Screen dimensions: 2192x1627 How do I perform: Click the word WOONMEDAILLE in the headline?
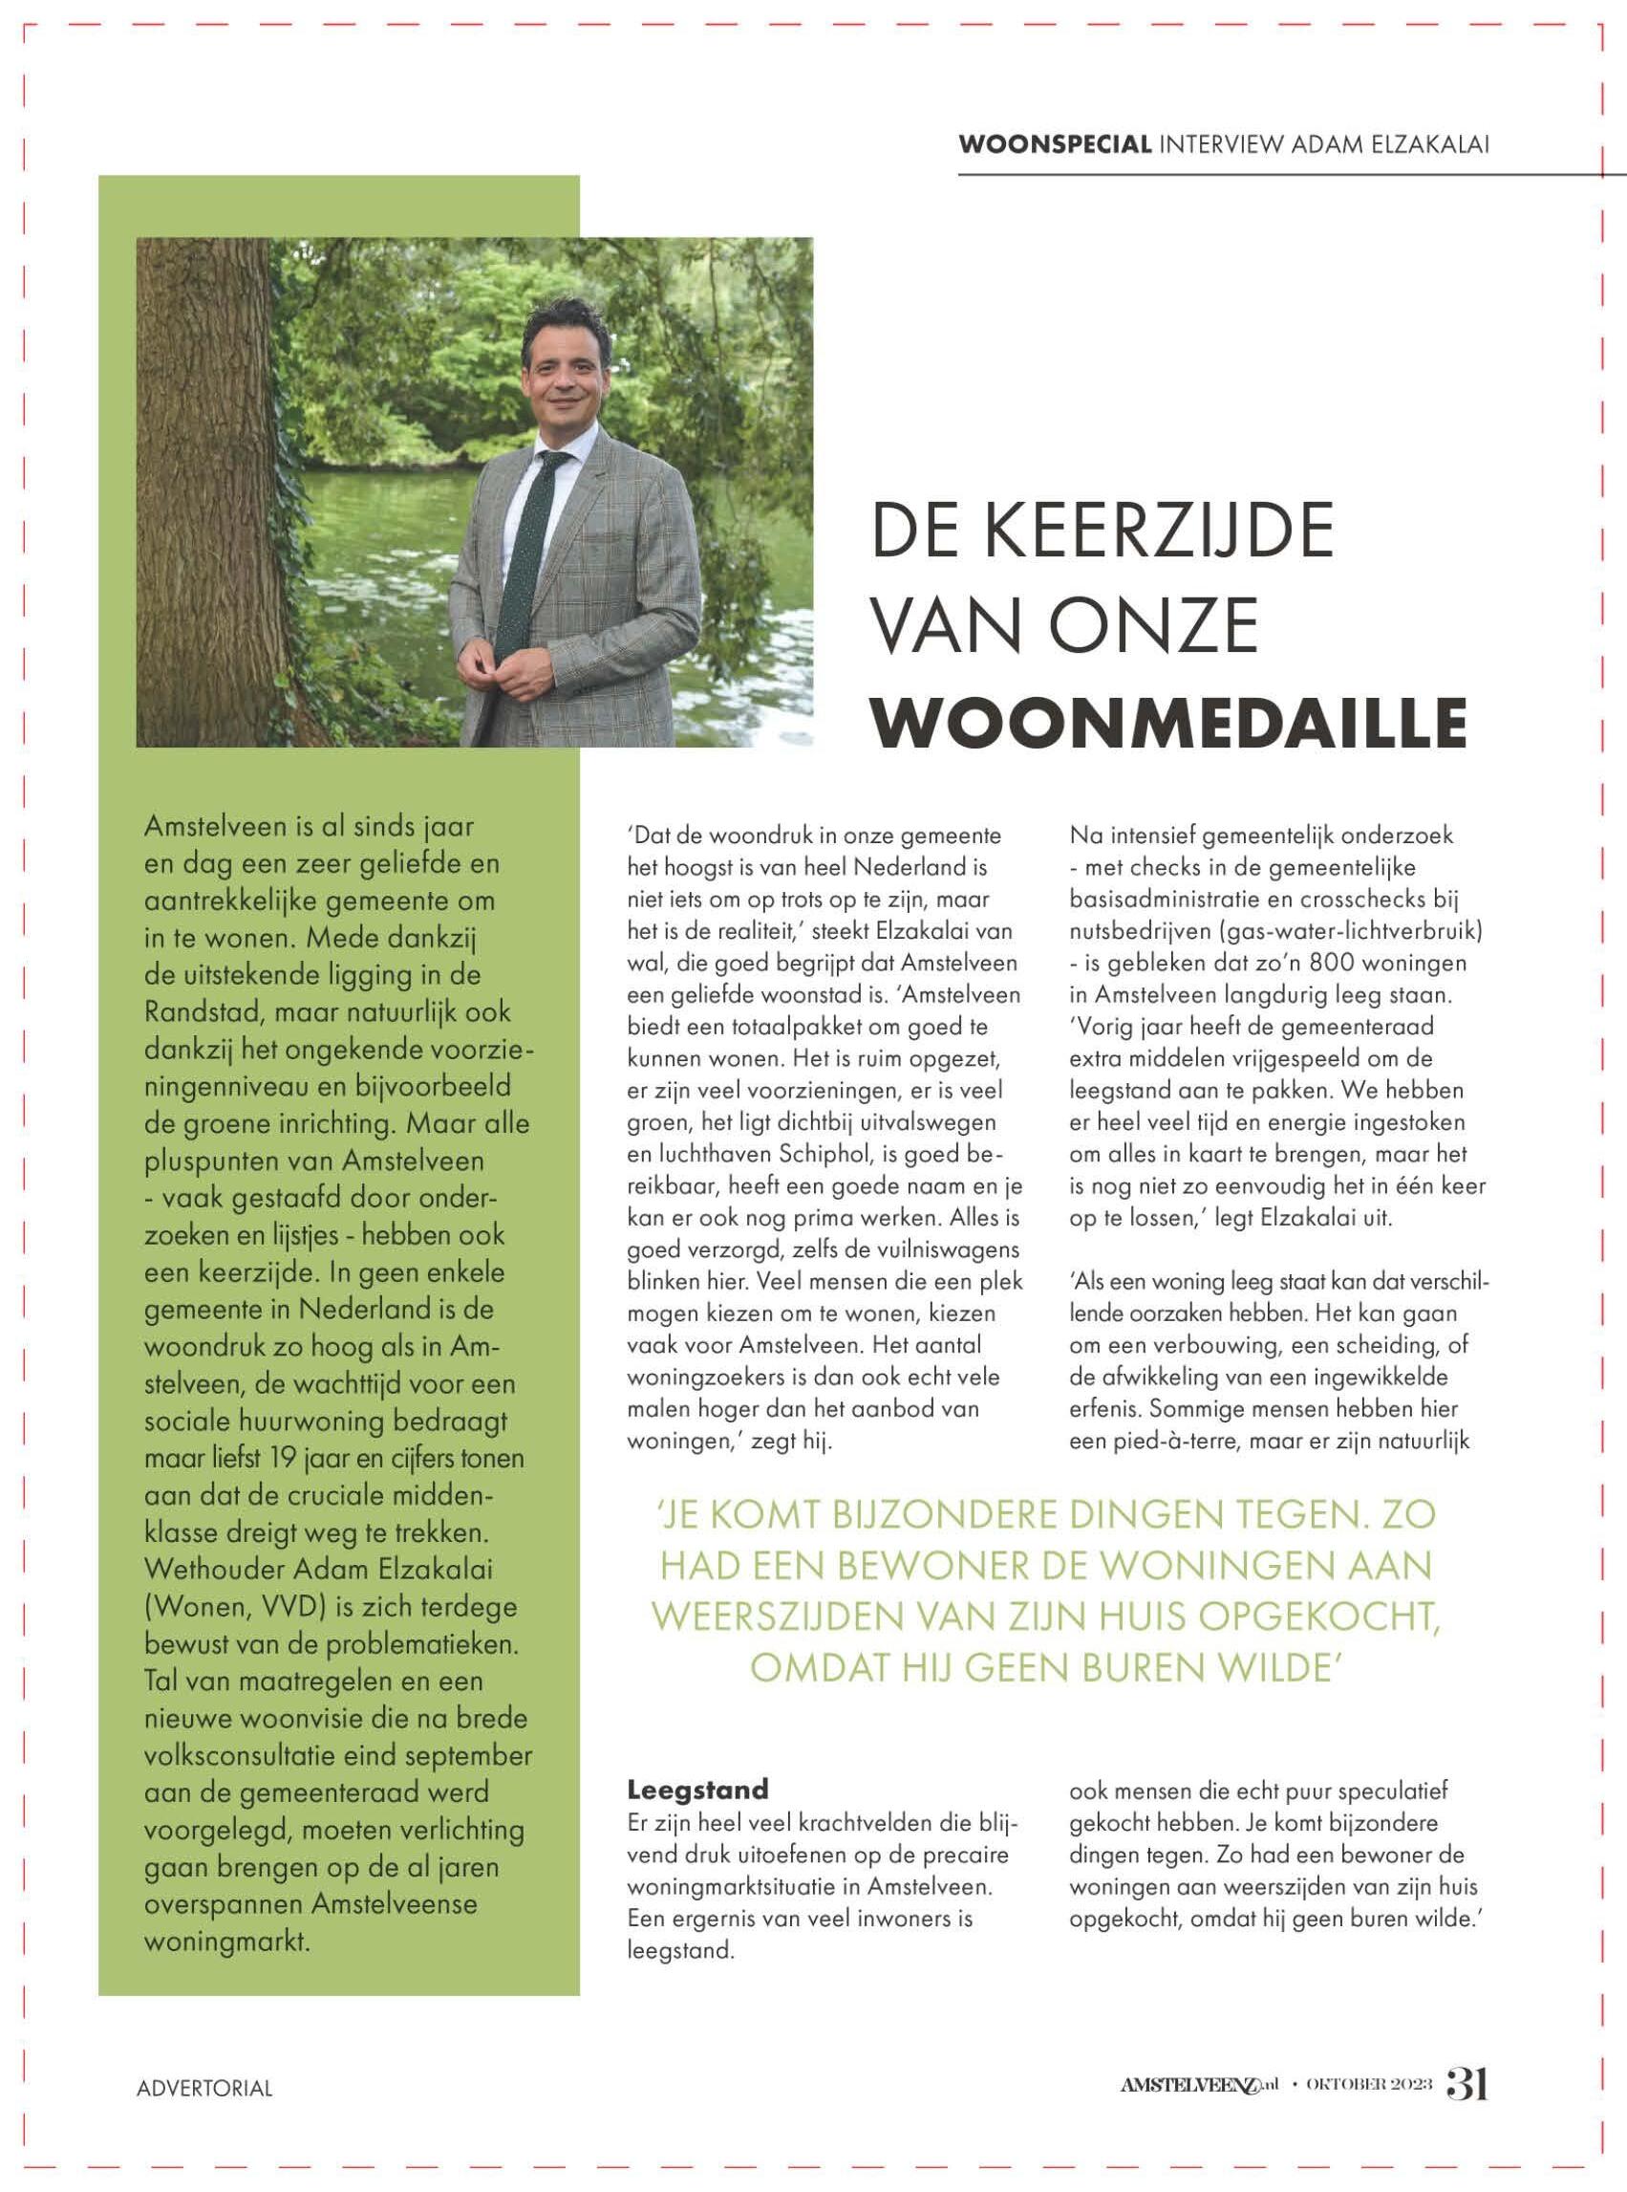point(1170,723)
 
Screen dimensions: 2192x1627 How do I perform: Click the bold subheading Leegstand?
point(697,1788)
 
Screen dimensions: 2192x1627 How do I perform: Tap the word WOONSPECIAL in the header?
point(1055,144)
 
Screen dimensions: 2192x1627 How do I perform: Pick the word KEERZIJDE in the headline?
point(1160,530)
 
